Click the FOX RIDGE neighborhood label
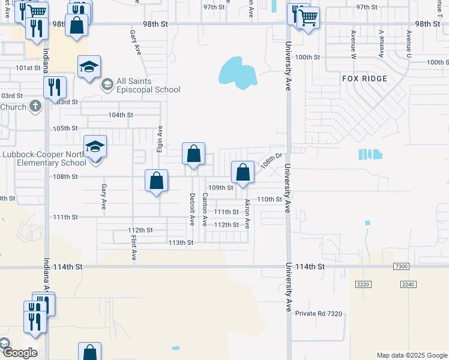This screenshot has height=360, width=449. coord(364,79)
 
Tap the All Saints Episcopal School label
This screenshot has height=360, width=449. coord(141,86)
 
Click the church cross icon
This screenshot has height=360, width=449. coord(35,106)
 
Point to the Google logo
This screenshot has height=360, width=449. coord(19,353)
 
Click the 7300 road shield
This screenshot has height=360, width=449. coord(401,266)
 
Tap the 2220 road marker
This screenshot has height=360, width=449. coord(364,284)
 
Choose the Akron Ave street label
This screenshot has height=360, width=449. coord(247,215)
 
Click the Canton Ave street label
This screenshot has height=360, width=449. coord(205,209)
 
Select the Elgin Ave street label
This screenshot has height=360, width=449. coord(160,138)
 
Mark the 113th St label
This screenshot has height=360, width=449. coord(181,242)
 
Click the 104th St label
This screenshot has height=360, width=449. coord(120,115)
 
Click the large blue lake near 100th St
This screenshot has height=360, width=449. coord(238,73)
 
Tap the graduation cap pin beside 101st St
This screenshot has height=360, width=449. coord(89,68)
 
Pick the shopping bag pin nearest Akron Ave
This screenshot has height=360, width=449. coord(243,173)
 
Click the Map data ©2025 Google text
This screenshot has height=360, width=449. coord(411,355)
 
